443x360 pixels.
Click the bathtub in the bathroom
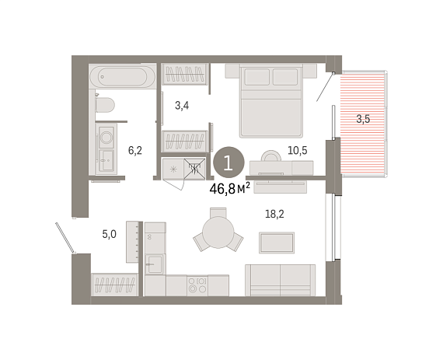(x=122, y=76)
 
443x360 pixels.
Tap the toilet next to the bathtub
(x=105, y=104)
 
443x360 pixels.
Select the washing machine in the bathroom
(x=106, y=136)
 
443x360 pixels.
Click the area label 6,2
(x=135, y=151)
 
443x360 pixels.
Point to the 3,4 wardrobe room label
(x=182, y=106)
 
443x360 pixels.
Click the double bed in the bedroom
(x=271, y=101)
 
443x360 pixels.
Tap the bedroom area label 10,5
(x=297, y=151)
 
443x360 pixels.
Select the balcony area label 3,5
(x=363, y=119)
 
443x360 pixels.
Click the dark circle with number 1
(x=228, y=163)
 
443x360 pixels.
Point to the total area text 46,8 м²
(x=230, y=189)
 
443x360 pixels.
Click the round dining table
(x=218, y=232)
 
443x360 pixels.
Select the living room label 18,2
(x=274, y=214)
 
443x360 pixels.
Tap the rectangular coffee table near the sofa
(x=277, y=243)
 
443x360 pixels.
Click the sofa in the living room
(x=280, y=281)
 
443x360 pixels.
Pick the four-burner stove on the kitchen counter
(x=197, y=285)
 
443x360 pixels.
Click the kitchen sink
(x=155, y=264)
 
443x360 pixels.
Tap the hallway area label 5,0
(x=109, y=234)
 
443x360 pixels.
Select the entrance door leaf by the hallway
(x=65, y=238)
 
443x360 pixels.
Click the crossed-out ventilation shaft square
(x=194, y=169)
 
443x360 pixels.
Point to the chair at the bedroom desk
(x=270, y=156)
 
